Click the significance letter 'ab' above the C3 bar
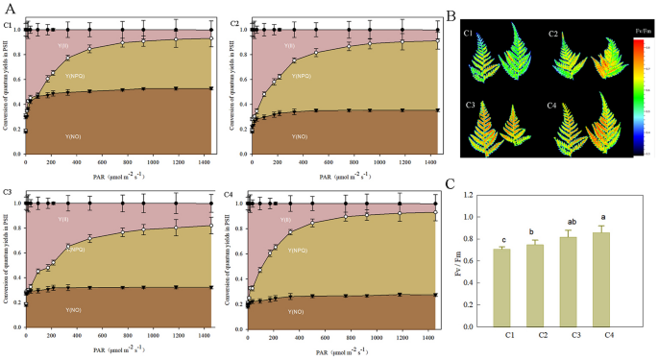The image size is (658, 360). (x=573, y=221)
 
